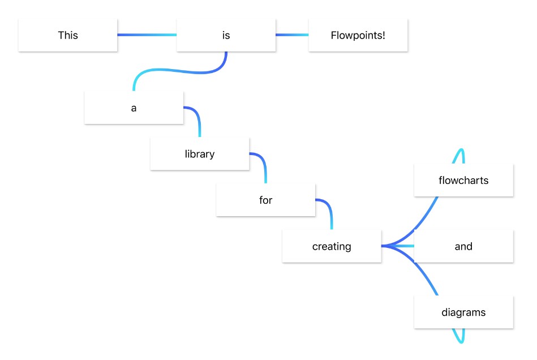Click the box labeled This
68,35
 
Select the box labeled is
226,35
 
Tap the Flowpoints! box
358,35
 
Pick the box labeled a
134,108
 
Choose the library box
200,153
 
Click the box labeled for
265,200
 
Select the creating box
332,246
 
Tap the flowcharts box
463,181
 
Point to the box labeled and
463,246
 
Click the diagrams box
463,312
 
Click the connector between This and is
147,35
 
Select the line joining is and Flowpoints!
292,35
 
